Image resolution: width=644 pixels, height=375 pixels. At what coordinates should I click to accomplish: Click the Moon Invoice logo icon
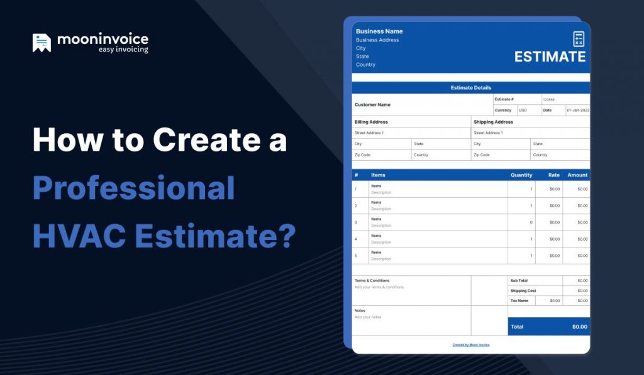pos(42,43)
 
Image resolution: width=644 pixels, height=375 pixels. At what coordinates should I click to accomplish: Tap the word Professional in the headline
pos(133,188)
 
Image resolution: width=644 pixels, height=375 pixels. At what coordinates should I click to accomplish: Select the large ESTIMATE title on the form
pos(550,57)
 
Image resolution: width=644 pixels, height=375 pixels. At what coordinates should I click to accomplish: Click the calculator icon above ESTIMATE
pos(579,39)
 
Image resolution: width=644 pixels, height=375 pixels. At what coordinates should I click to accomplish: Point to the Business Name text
pos(379,31)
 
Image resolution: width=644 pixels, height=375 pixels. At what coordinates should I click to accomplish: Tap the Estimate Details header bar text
pos(471,88)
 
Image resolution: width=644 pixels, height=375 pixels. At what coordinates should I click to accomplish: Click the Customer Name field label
pos(372,105)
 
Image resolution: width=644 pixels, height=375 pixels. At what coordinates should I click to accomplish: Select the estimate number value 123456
pos(548,99)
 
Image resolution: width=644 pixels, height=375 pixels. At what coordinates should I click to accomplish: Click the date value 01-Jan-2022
pos(577,111)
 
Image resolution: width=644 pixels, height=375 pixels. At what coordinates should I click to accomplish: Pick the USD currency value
pos(523,111)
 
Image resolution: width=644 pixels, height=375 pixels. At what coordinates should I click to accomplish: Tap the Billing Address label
pos(371,122)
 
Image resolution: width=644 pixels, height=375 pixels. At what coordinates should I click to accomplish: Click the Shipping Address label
pos(493,122)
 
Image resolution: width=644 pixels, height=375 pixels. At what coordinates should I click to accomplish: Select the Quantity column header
pos(521,175)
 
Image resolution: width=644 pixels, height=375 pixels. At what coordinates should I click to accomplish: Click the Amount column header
pos(577,175)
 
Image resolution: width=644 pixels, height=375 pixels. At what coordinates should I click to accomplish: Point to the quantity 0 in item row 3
pos(531,222)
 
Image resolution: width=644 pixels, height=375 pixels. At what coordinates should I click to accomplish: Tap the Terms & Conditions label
pos(372,281)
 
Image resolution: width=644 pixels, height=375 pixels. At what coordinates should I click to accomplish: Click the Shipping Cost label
pos(523,291)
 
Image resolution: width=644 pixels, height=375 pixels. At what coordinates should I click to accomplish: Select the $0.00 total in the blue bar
pos(579,327)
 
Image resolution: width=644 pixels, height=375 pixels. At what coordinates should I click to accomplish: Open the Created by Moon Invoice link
pos(470,345)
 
